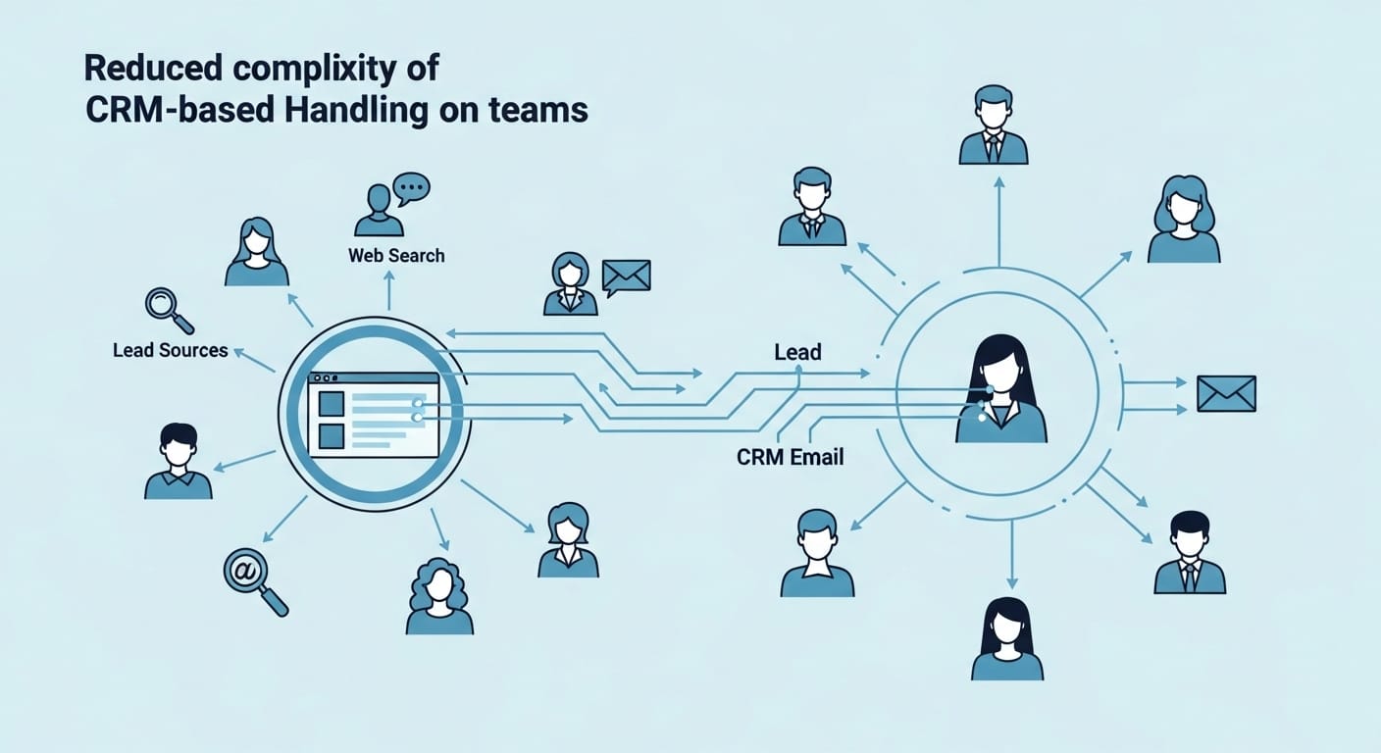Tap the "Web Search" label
point(396,256)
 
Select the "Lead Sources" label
point(171,350)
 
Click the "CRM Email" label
point(791,457)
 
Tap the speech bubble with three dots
point(411,187)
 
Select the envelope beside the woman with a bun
point(627,277)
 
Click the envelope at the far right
point(1226,394)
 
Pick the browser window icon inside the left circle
point(373,415)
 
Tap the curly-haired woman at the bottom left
point(439,597)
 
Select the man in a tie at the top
point(993,125)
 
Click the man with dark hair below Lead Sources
point(179,461)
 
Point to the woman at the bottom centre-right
point(1007,639)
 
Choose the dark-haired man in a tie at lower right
point(1190,553)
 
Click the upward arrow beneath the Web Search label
point(388,290)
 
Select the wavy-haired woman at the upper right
point(1184,220)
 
